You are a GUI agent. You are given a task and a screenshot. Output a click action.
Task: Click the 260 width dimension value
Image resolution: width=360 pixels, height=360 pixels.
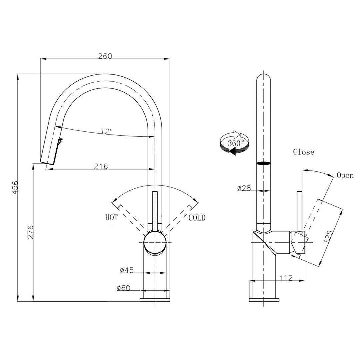coord(105,56)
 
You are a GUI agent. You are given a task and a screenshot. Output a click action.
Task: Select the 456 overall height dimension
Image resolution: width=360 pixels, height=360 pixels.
coord(14,188)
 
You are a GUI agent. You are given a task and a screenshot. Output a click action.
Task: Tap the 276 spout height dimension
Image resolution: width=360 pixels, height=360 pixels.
coord(30,232)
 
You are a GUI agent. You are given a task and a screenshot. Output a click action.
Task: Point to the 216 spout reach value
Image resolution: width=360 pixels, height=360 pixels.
coord(101,166)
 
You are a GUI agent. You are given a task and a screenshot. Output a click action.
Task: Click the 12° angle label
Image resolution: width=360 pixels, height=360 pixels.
coord(106,131)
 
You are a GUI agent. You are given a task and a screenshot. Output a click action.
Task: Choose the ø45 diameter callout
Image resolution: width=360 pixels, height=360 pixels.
coord(127,270)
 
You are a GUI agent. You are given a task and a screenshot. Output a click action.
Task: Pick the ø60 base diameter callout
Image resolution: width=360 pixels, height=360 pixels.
coord(123,288)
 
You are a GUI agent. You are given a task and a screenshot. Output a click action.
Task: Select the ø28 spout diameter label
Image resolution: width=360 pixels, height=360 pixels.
coord(244,188)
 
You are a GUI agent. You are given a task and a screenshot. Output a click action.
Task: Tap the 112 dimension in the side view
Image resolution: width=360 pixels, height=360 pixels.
coord(286,278)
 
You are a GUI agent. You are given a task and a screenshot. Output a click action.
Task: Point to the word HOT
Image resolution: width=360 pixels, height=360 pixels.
coord(111,218)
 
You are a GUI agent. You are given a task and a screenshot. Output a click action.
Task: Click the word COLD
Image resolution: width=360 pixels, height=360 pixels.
coord(197,218)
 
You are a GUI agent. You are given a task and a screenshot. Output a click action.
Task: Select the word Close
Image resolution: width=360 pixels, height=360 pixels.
coord(303,152)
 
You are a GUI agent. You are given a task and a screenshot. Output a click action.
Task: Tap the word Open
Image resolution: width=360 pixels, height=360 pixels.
coord(345,175)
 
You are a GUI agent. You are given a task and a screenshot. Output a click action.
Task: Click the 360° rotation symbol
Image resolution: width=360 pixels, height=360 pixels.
coord(235,143)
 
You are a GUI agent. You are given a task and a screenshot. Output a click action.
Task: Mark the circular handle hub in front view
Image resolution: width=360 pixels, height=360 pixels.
coord(155,243)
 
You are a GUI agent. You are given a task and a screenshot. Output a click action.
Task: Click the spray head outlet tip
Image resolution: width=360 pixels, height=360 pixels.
coord(47,162)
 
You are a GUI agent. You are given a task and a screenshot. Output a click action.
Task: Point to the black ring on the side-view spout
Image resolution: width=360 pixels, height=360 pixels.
coord(263,163)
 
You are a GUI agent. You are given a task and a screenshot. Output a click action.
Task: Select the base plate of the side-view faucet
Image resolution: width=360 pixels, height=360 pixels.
coord(264,300)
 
